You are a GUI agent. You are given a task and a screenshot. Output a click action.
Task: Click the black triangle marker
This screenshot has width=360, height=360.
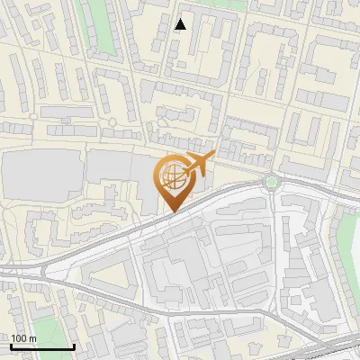tap(181, 24)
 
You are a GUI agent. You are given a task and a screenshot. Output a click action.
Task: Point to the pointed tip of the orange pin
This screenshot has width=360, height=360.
tap(171, 212)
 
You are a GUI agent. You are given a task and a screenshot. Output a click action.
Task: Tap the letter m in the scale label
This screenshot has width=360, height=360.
tap(33, 338)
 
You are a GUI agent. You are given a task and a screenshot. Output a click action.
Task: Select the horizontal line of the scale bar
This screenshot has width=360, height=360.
tap(41, 346)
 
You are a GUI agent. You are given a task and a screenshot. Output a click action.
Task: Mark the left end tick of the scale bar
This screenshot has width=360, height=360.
tap(11, 345)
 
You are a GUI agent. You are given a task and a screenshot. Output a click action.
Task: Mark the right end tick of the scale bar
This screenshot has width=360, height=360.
tap(73, 345)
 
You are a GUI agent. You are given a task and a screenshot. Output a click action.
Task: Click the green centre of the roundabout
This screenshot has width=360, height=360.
tap(271, 182)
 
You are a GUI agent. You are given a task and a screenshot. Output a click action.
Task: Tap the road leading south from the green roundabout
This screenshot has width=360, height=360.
tap(274, 216)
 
